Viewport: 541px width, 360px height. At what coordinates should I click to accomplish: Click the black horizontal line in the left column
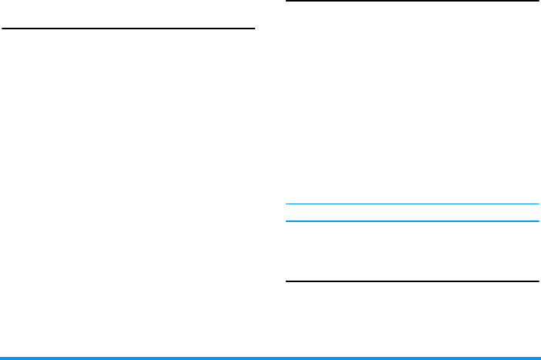[129, 29]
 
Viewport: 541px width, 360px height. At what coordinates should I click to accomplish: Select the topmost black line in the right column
[412, 2]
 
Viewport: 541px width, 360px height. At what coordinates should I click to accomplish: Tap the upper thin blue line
[412, 204]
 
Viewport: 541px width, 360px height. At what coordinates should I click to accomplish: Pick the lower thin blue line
[412, 221]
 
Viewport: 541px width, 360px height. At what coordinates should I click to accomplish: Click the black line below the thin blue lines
[412, 281]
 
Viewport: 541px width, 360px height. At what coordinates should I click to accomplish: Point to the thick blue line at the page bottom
[270, 358]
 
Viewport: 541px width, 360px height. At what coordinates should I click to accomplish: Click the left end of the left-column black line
[3, 29]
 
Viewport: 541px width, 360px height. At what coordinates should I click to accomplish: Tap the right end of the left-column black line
[254, 29]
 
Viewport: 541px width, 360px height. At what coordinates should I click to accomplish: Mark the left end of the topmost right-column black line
[287, 2]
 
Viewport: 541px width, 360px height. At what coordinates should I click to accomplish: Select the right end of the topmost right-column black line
[537, 2]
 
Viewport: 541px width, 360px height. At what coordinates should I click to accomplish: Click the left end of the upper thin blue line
[287, 204]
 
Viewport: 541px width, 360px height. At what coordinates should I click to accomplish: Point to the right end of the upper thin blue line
[537, 204]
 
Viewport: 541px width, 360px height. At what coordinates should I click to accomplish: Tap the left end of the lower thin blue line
[287, 221]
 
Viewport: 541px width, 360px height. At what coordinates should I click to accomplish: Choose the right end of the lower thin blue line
[537, 221]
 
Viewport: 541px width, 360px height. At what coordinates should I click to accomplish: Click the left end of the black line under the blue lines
[287, 281]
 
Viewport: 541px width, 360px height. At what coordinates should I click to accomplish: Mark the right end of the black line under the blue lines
[537, 281]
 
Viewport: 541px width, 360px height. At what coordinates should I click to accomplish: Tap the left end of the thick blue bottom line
[2, 358]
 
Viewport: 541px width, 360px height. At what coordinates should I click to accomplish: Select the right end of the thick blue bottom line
[539, 358]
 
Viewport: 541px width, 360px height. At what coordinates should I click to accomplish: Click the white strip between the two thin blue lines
[412, 213]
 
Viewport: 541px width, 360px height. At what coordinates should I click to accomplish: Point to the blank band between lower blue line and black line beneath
[412, 251]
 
